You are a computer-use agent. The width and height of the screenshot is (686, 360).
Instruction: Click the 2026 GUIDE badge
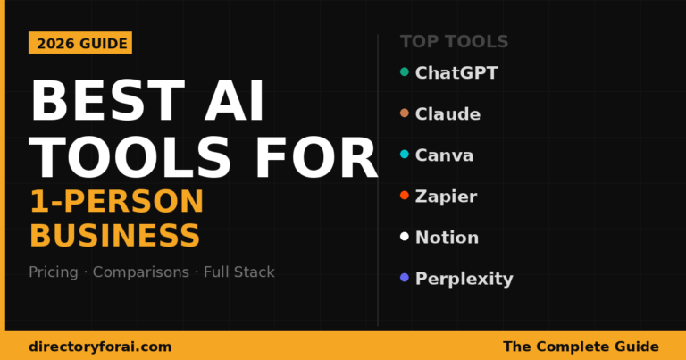coord(80,43)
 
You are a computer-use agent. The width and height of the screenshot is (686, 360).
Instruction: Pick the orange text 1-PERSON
coord(116,202)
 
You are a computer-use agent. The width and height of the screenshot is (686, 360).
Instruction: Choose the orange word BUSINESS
coord(114,236)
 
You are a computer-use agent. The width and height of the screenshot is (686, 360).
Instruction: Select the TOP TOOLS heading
coord(454,41)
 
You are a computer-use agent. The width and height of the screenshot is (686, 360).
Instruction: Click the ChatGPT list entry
coord(456,72)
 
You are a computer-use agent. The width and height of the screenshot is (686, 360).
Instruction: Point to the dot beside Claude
coord(405,113)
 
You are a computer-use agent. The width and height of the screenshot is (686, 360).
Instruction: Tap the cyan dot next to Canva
coord(405,155)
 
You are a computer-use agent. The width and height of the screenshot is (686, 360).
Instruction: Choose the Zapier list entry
coord(446,197)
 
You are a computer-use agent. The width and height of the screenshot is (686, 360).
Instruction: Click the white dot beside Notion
coord(405,237)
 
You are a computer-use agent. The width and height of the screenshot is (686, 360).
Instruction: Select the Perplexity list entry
coord(464,279)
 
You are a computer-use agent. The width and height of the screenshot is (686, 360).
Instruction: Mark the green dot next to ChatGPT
coord(405,71)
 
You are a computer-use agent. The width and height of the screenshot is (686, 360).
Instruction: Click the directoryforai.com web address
coord(100,346)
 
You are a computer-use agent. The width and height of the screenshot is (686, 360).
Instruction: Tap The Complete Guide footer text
coord(581,346)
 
